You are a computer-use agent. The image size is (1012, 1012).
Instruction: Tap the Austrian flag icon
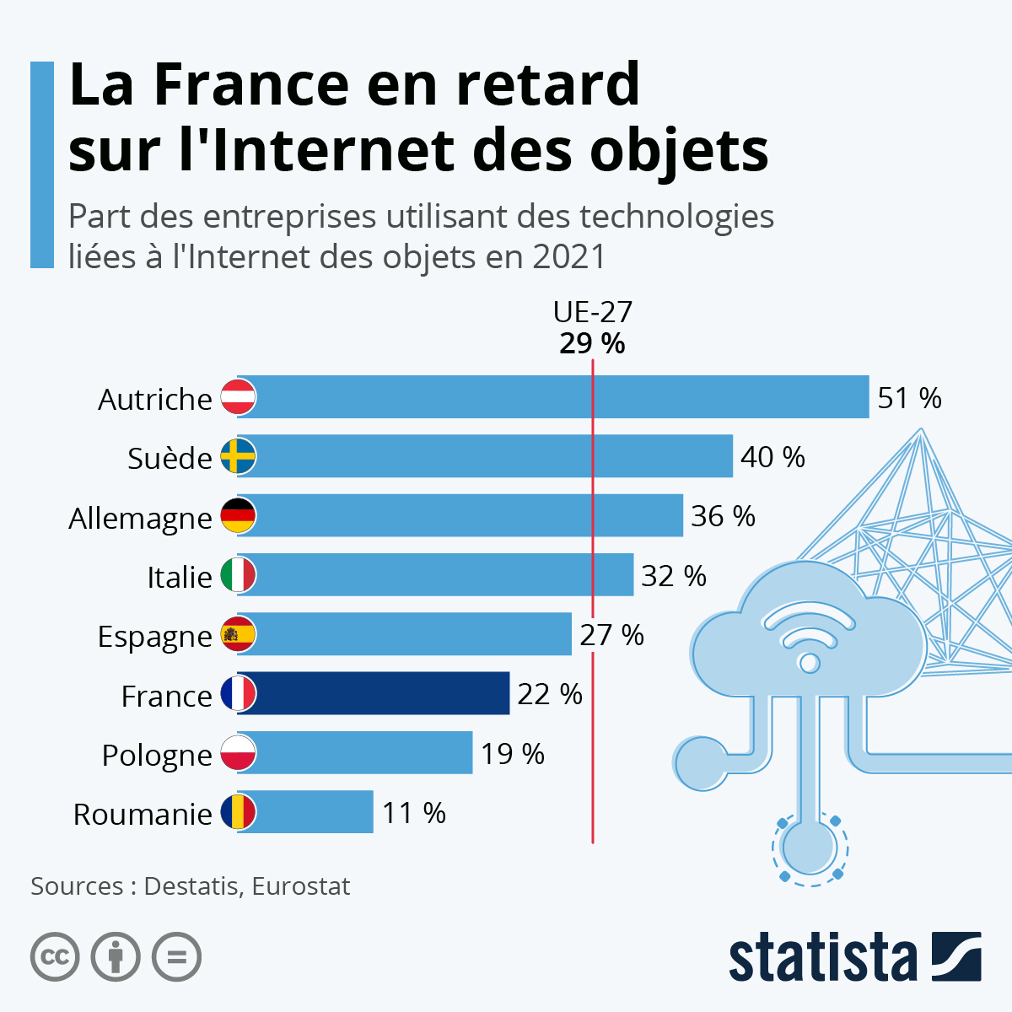(x=238, y=397)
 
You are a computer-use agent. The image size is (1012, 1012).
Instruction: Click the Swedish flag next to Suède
(x=238, y=456)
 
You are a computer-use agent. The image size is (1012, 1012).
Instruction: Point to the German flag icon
(x=238, y=515)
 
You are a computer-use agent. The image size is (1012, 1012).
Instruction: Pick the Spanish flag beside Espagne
(x=238, y=634)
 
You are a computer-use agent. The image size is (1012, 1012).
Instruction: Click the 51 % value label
(x=909, y=398)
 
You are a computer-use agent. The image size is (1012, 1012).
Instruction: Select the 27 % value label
(x=611, y=635)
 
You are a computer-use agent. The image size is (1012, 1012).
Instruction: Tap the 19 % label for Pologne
(x=513, y=754)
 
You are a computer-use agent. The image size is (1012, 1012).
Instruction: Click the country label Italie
(x=180, y=577)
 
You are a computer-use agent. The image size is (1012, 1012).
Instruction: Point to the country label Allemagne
(x=140, y=518)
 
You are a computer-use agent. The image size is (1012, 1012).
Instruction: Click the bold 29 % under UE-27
(x=592, y=344)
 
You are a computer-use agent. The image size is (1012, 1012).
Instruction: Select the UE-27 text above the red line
(x=592, y=313)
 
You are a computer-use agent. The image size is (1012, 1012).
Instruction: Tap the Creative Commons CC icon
(x=55, y=957)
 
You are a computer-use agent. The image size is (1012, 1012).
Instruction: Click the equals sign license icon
(x=177, y=957)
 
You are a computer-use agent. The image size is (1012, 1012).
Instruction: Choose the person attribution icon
(x=116, y=957)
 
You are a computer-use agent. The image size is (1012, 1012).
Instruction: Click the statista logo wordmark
(x=822, y=958)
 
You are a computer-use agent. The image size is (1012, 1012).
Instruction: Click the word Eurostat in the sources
(x=300, y=886)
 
